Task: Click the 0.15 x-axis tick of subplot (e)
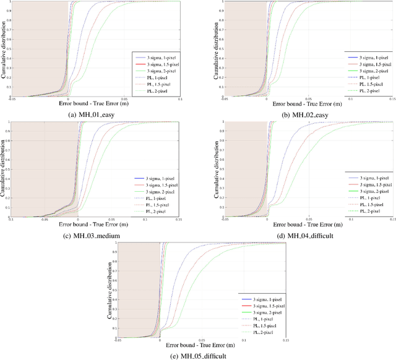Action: pyautogui.click(x=285, y=340)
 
